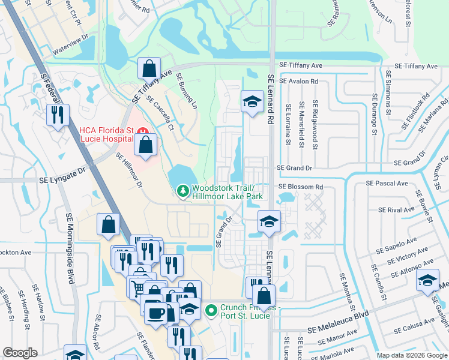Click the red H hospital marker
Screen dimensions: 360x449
coord(142,130)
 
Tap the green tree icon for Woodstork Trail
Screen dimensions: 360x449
coord(182,191)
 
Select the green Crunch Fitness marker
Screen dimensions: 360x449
coord(210,310)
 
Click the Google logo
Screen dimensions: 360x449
coord(20,352)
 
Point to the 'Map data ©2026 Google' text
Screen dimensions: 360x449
coord(411,355)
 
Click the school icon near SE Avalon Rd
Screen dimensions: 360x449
coord(252,101)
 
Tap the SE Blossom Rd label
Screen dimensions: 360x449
coord(300,187)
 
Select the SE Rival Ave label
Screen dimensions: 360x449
coord(396,210)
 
